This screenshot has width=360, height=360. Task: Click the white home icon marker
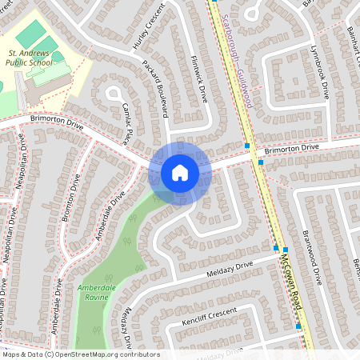[x=179, y=173]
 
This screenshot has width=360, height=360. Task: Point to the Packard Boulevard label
[x=156, y=86]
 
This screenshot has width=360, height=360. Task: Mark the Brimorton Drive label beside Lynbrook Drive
[x=291, y=149]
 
